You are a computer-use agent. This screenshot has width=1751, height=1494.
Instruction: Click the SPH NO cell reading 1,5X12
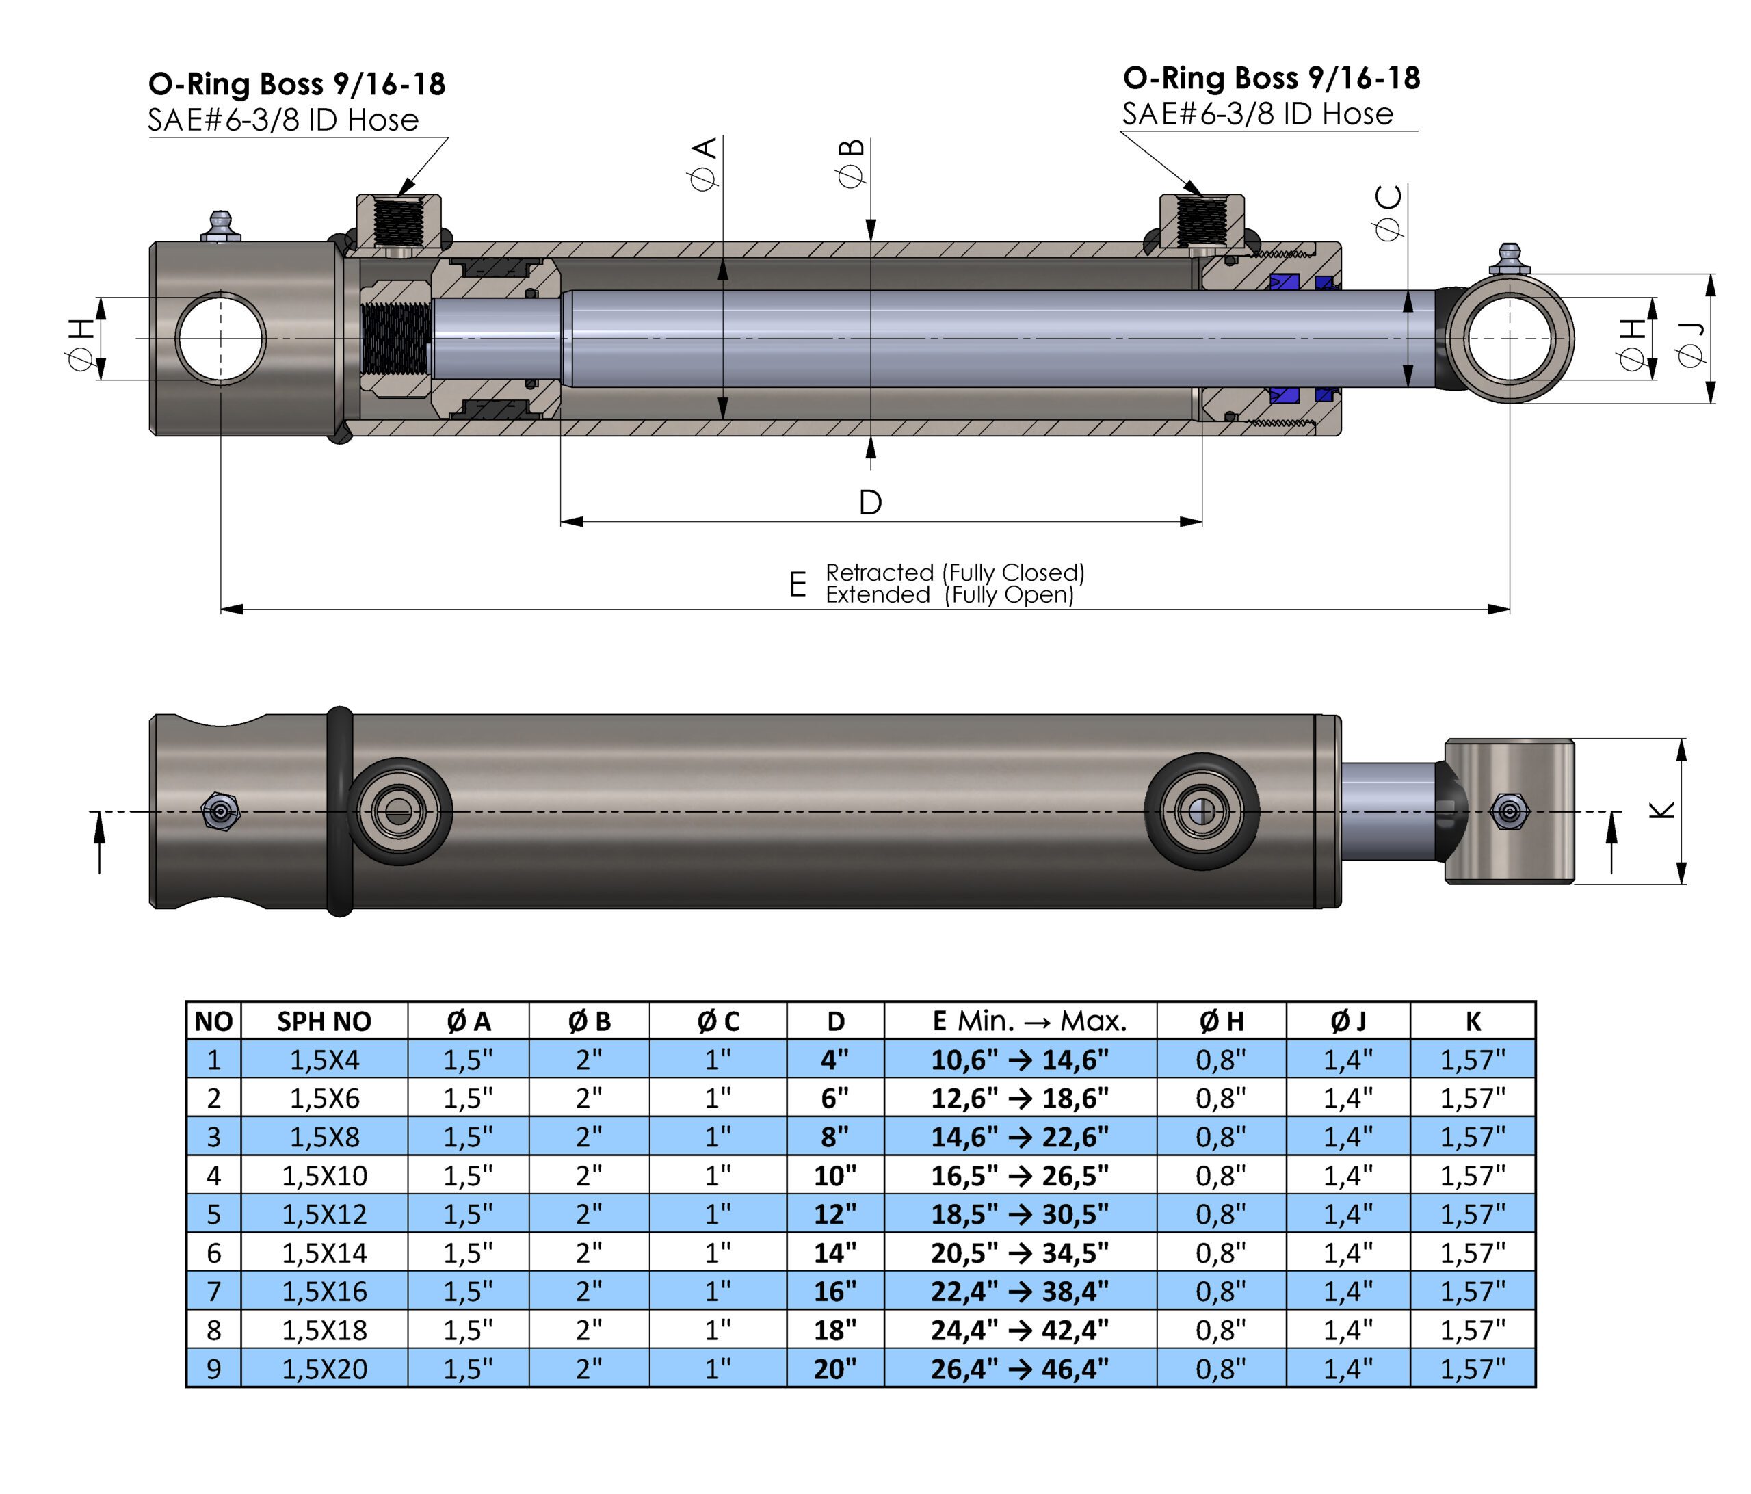[x=324, y=1214]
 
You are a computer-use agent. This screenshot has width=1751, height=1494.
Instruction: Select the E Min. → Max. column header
[x=1029, y=1021]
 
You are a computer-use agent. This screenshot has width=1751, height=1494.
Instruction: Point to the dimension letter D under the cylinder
[x=871, y=503]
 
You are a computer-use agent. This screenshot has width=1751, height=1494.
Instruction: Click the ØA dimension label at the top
[x=703, y=163]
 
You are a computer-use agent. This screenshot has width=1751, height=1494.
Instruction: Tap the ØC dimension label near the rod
[x=1388, y=212]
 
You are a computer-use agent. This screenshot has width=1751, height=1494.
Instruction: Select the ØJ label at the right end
[x=1691, y=345]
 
